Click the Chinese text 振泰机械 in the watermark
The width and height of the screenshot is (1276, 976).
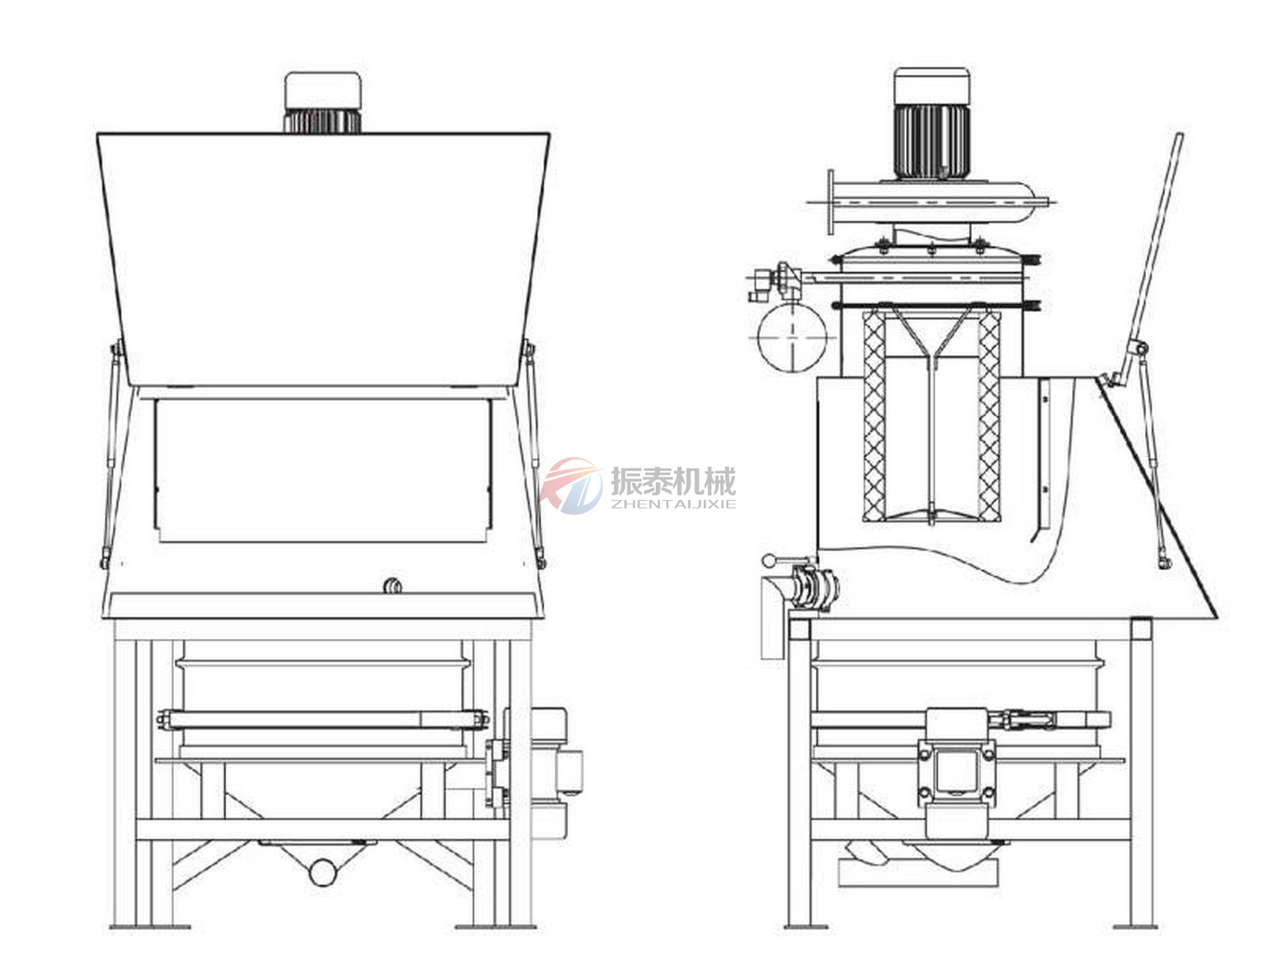coord(673,481)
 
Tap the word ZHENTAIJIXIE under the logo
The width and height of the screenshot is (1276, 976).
coord(673,504)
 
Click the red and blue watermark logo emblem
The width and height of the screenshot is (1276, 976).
coord(571,485)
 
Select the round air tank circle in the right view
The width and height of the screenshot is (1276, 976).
coord(792,336)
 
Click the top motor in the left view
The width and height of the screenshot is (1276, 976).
coord(323,102)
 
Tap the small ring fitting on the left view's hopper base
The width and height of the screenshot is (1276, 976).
coord(393,586)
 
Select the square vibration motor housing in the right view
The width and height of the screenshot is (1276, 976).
coord(956,771)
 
